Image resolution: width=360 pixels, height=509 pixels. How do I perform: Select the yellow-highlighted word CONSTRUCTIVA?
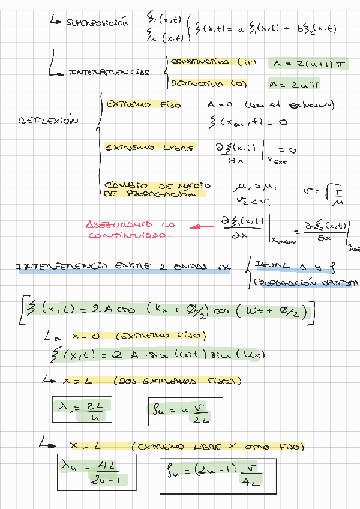(x=200, y=62)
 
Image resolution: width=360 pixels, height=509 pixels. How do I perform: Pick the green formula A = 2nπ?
(x=296, y=85)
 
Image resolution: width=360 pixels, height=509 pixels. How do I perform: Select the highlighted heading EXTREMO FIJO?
(x=143, y=104)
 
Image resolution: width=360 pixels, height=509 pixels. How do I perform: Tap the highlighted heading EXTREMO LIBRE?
(x=149, y=146)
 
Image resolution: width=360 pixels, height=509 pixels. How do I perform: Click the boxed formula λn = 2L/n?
(x=82, y=411)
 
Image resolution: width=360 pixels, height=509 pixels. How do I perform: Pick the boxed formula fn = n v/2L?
(x=185, y=412)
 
